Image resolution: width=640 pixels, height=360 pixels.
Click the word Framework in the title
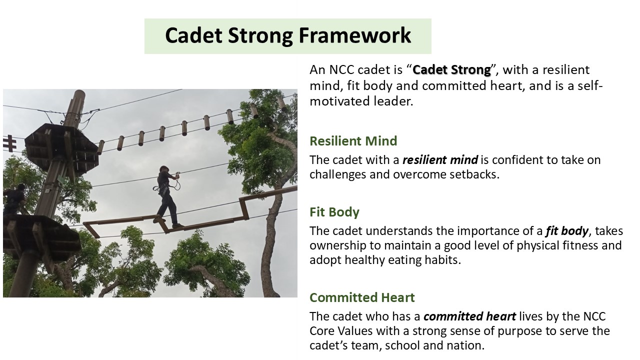tap(355, 35)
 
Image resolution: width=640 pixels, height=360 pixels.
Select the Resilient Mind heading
tap(353, 141)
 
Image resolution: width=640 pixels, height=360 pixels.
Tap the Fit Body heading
tap(334, 212)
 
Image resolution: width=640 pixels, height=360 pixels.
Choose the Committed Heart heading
tap(362, 297)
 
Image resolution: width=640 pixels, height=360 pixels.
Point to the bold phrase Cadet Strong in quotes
tap(451, 70)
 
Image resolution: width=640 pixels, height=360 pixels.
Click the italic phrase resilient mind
tap(440, 160)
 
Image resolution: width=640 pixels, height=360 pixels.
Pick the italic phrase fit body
tap(567, 231)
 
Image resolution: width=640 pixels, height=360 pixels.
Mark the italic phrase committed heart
tap(469, 316)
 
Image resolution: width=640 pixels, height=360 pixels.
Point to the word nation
tap(468, 345)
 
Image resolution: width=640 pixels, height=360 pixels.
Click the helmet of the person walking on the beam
tap(164, 168)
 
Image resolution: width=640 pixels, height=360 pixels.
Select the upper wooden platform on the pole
tap(61, 148)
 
